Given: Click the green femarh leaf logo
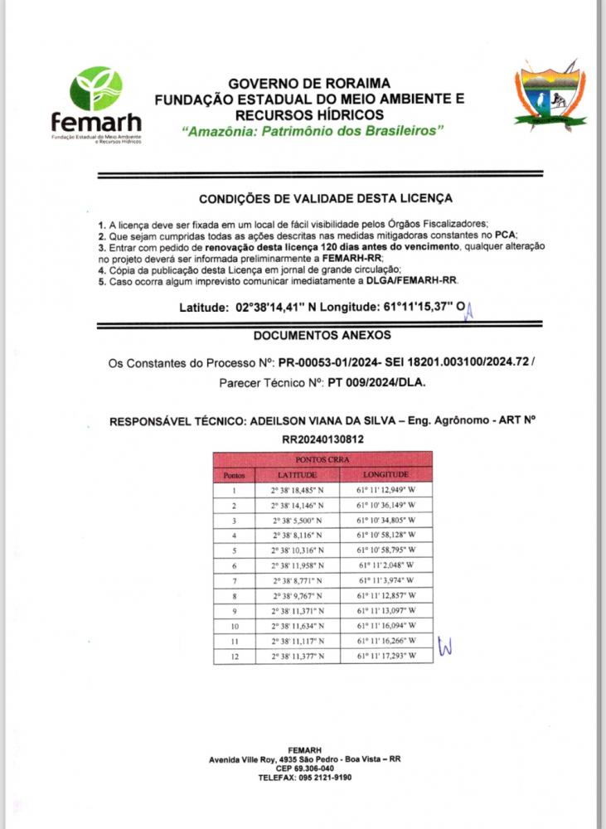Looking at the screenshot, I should click(x=96, y=90).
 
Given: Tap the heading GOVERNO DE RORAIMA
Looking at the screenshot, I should click(x=308, y=84).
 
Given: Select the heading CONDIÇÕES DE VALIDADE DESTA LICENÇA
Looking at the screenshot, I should click(x=326, y=199).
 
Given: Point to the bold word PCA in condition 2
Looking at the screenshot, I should click(x=505, y=235).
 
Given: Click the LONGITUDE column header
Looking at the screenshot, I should click(x=385, y=475).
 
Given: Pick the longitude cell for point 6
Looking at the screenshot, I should click(x=385, y=565).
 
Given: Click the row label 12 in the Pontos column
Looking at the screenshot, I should click(x=235, y=656).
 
